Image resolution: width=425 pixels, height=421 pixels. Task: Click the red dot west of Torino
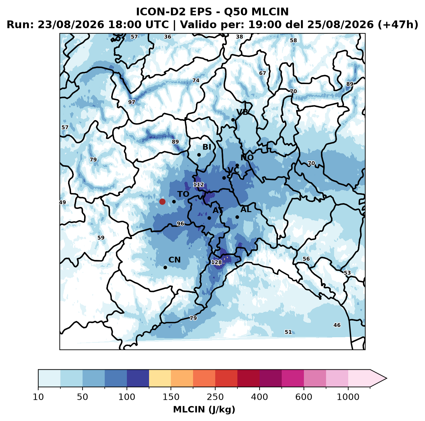162,202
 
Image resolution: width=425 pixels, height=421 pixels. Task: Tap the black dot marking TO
174,202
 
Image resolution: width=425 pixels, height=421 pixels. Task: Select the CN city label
174,260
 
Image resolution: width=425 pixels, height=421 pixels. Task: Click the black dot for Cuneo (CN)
165,267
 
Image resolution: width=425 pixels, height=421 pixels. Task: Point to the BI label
207,147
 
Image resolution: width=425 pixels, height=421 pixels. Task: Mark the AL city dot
237,217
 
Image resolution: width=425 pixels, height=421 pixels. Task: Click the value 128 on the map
216,262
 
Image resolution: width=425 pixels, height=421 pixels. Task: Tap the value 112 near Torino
199,185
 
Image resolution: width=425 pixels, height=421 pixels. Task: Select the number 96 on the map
181,224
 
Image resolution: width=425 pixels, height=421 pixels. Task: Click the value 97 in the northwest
132,102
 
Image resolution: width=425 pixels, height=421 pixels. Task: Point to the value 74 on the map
196,81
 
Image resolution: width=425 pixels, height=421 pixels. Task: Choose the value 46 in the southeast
337,325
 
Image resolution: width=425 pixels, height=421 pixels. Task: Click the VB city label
242,112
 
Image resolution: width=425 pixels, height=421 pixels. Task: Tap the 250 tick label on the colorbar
215,397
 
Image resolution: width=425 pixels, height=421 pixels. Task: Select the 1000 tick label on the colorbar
348,397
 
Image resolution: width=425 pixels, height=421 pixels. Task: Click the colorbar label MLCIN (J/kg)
204,409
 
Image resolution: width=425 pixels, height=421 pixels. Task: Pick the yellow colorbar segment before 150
160,378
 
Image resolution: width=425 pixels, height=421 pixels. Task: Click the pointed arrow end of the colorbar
386,378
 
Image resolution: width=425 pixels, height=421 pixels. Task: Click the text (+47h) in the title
398,25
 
